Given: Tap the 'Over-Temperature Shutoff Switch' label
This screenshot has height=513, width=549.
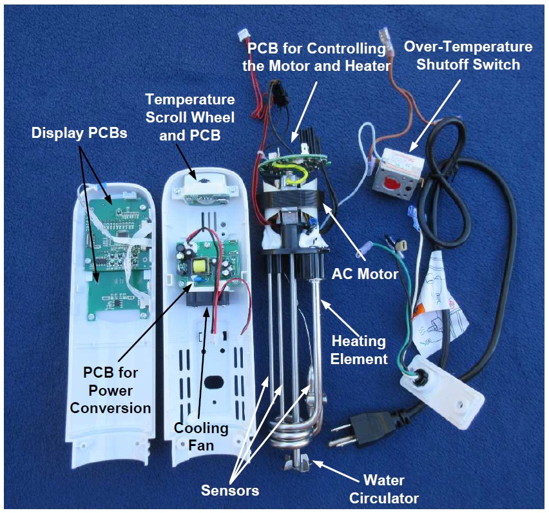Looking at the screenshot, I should pyautogui.click(x=468, y=56).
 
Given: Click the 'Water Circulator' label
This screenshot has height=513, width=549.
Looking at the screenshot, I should pyautogui.click(x=391, y=489).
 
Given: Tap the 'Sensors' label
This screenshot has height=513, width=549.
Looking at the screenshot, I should pyautogui.click(x=230, y=490).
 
